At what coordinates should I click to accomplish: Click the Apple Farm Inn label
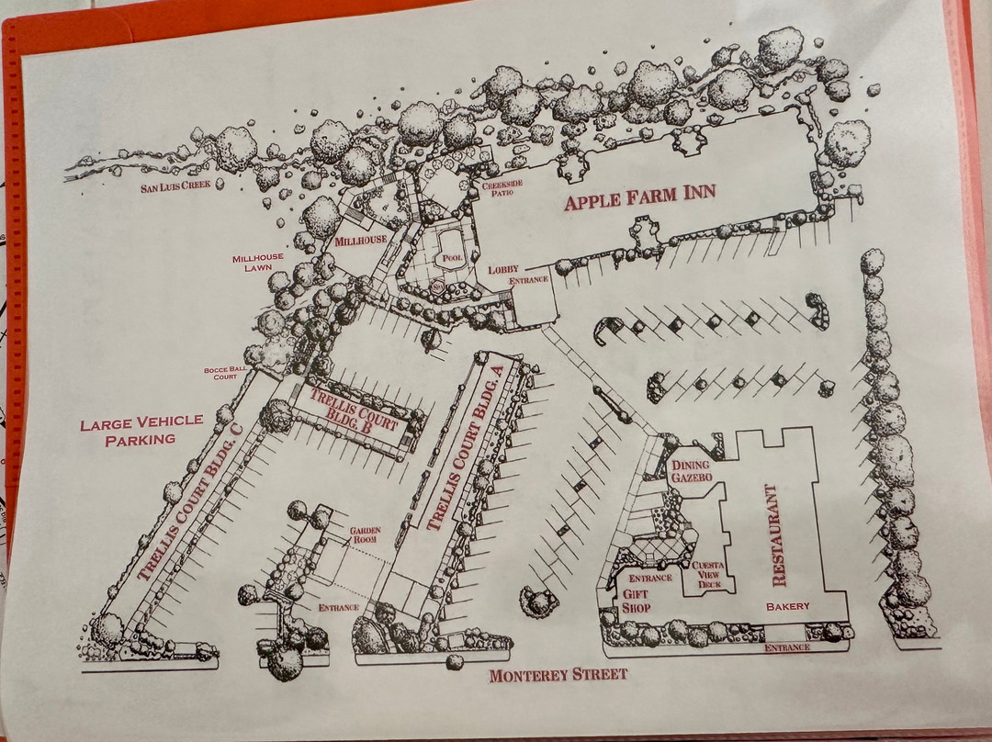(639, 197)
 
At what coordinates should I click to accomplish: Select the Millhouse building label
(361, 241)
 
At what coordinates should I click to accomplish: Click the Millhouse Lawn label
(257, 263)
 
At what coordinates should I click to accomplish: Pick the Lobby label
(503, 269)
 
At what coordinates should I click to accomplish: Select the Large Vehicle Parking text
(141, 430)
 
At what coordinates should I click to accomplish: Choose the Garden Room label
(366, 535)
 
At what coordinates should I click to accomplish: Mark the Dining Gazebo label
(692, 471)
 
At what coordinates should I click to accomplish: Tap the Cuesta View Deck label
(708, 575)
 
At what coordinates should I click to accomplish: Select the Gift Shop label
(636, 601)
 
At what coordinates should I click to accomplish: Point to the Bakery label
(788, 606)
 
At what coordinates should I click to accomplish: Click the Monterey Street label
(558, 675)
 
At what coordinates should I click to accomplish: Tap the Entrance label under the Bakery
(787, 647)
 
